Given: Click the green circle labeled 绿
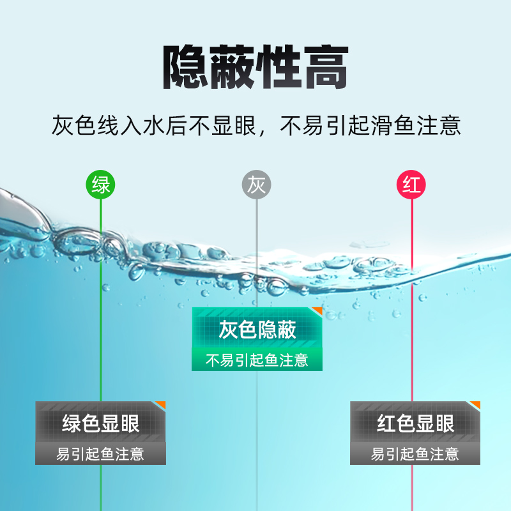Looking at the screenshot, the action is pos(101,185).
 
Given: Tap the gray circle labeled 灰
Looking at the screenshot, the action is pos(256,185).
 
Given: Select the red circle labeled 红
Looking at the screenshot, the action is pos(412,185).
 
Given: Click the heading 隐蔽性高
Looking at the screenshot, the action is pos(256,67).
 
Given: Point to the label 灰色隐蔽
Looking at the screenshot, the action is pos(257,330).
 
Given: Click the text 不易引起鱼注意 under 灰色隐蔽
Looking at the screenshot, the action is pos(257,360).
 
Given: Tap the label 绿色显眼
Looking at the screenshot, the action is pos(100,423).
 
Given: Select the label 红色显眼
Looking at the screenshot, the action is pos(415,423).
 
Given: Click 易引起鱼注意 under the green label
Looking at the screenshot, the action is pos(100,454).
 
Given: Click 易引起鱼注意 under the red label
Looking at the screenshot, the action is pos(415,454).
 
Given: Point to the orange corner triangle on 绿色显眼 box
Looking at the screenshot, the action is pos(161,404).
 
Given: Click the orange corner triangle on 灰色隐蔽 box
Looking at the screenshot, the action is pos(318,310).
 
